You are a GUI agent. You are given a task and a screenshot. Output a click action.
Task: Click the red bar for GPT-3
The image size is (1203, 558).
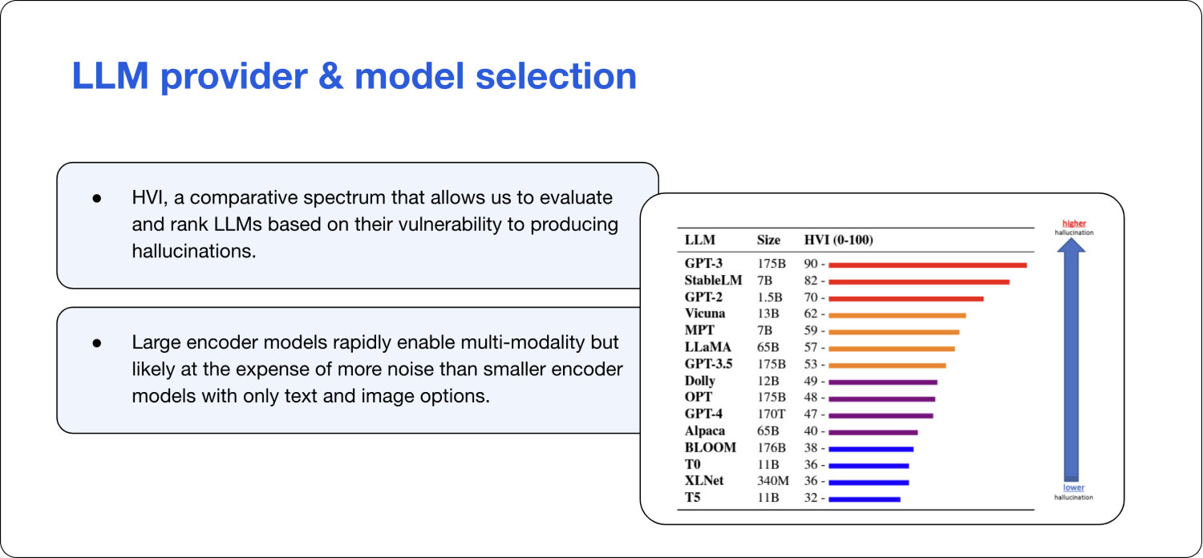point(928,265)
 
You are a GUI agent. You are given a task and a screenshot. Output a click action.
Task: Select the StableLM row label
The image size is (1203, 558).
point(713,281)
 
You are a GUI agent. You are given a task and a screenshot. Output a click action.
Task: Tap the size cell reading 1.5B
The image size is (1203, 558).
point(769,297)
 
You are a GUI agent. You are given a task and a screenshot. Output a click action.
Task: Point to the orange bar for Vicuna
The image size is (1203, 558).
point(897,315)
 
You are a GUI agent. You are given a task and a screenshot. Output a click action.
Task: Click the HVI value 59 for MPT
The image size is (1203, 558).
point(811,331)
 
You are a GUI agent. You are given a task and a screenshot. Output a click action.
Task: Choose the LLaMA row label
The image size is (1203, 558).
point(708,348)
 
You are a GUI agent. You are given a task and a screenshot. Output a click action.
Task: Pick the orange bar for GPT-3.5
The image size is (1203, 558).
point(887,366)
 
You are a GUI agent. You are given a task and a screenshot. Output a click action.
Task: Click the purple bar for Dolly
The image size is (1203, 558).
point(883,382)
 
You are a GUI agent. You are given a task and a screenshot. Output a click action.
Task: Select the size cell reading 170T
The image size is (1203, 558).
point(772,414)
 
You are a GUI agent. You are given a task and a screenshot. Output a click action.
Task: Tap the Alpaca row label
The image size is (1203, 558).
point(705,431)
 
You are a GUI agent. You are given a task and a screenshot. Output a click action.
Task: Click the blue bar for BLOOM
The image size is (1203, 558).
point(871,449)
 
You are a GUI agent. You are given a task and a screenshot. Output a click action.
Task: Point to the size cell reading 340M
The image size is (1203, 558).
point(773,481)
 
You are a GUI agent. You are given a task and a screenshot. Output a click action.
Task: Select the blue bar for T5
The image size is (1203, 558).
point(865,499)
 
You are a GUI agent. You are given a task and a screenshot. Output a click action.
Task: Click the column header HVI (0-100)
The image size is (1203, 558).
point(838,240)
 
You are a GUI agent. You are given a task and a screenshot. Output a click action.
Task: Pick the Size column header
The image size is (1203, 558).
point(768,240)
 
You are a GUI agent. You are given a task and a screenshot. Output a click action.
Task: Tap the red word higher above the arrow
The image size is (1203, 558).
point(1074,224)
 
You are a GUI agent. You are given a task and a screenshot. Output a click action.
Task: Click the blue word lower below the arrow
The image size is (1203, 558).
point(1073,487)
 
